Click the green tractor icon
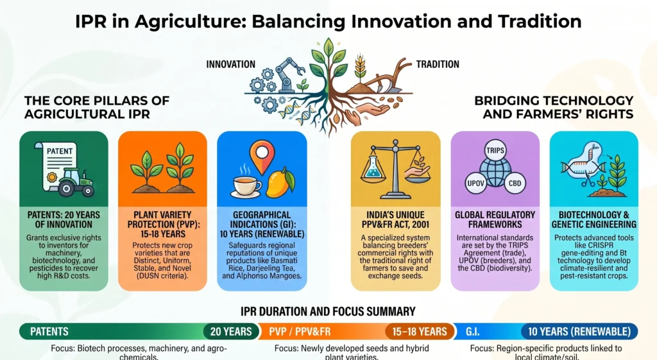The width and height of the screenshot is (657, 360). (76, 183)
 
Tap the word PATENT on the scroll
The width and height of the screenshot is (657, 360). (60, 151)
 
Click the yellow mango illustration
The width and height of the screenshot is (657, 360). (280, 182)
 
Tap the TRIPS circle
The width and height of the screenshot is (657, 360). (495, 150)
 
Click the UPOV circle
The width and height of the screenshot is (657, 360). (475, 183)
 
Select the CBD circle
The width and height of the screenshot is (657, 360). (515, 183)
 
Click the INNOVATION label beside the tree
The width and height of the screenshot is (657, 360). (230, 64)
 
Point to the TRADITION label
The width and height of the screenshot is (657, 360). (438, 64)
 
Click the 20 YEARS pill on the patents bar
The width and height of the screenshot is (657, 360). (231, 332)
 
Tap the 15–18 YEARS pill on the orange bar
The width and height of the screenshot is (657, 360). (420, 332)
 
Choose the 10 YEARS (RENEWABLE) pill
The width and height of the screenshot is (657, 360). (579, 332)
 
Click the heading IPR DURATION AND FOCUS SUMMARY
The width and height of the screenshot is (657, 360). (328, 311)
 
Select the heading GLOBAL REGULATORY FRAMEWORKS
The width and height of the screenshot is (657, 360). (495, 219)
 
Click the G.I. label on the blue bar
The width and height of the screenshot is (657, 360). (472, 332)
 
